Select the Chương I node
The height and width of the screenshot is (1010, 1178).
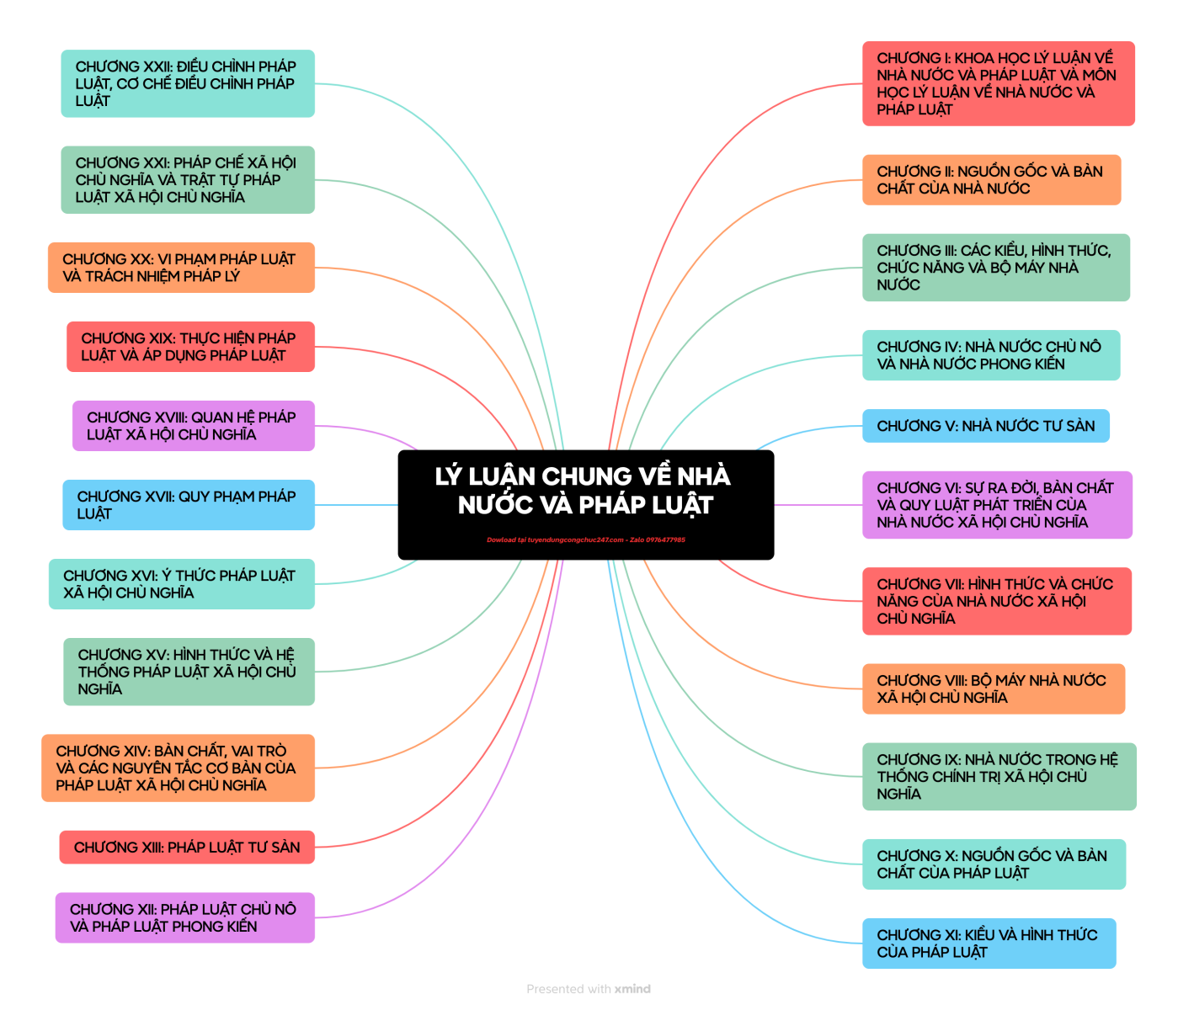tap(998, 83)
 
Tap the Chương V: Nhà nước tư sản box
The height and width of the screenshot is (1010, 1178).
tap(985, 426)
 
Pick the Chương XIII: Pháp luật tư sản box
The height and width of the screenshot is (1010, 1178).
tap(186, 848)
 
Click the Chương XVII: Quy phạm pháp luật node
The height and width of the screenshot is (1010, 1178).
tap(189, 505)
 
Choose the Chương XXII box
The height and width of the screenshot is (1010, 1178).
tap(188, 83)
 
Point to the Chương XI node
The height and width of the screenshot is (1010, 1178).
tap(989, 944)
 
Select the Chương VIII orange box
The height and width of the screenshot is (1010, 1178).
tap(993, 689)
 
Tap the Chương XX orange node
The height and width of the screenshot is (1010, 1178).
tap(181, 268)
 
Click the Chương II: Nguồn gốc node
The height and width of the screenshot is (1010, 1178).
tap(991, 180)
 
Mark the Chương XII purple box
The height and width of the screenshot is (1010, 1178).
tap(185, 917)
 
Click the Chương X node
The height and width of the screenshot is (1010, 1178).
tap(994, 864)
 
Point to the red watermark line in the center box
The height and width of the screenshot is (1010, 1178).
tap(586, 540)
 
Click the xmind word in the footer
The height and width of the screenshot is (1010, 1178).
tap(632, 989)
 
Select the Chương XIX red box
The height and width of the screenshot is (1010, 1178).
tap(190, 347)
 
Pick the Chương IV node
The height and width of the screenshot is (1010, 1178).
tap(991, 355)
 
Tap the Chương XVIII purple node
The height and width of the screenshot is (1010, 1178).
tap(193, 426)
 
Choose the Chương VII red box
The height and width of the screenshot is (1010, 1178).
tap(996, 601)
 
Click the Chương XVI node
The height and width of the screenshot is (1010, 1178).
tap(181, 584)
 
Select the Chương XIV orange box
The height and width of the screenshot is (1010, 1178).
tap(178, 768)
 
